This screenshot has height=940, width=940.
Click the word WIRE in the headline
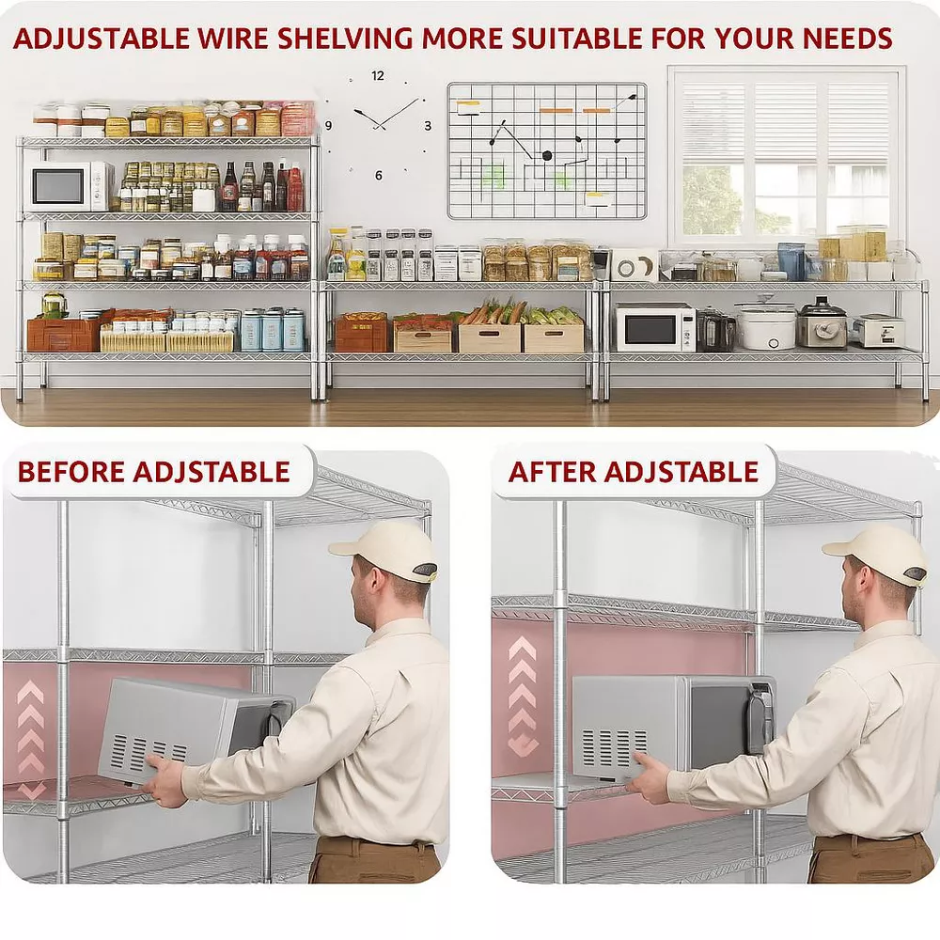pyautogui.click(x=233, y=39)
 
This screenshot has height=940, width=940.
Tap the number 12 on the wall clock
pyautogui.click(x=377, y=75)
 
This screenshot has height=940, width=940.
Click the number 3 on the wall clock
pyautogui.click(x=428, y=126)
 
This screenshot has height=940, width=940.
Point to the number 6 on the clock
pyautogui.click(x=378, y=175)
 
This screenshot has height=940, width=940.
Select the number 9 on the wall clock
pyautogui.click(x=328, y=126)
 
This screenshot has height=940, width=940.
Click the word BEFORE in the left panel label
pyautogui.click(x=70, y=472)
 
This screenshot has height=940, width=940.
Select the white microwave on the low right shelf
pyautogui.click(x=654, y=327)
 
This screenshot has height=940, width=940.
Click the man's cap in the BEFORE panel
pyautogui.click(x=385, y=552)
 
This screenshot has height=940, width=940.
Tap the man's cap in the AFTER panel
pyautogui.click(x=877, y=555)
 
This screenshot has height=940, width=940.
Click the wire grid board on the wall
pyautogui.click(x=547, y=150)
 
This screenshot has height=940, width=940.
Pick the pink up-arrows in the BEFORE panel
pyautogui.click(x=31, y=740)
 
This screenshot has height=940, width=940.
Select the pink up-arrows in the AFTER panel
pyautogui.click(x=522, y=696)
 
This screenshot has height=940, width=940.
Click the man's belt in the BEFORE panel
pyautogui.click(x=375, y=843)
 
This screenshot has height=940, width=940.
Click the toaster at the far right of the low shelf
pyautogui.click(x=878, y=330)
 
